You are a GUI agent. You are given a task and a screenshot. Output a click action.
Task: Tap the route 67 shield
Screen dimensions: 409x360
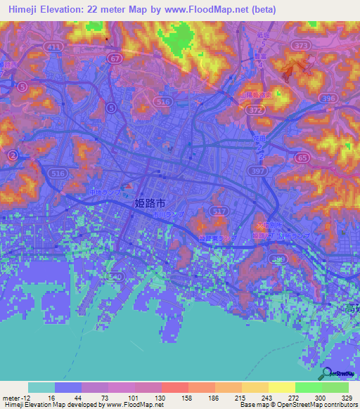(x=115, y=60)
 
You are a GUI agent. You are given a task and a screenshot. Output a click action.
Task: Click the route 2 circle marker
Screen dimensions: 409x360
(x=12, y=155)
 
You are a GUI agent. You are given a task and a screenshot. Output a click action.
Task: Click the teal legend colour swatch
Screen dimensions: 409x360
(x=41, y=387)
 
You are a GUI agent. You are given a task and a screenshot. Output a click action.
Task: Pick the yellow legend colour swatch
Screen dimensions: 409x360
(x=282, y=387)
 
